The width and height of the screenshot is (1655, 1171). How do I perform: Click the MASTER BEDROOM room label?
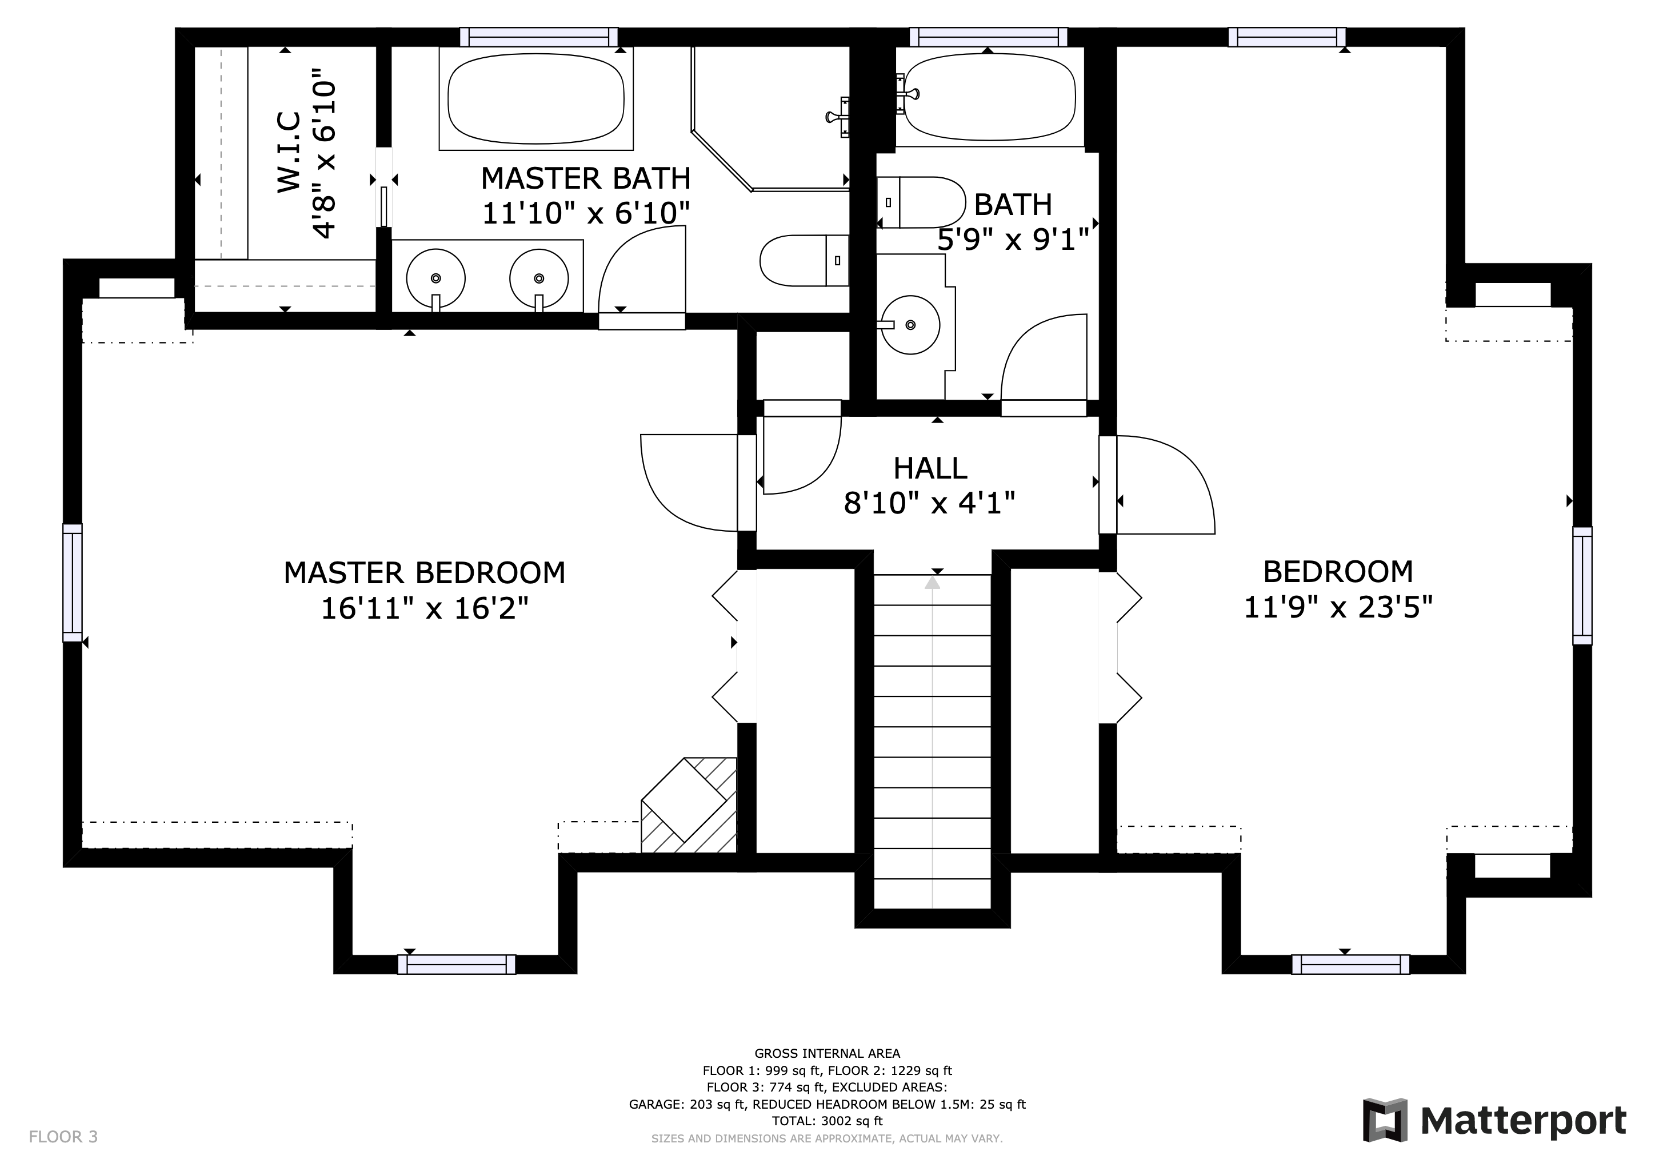click(x=425, y=573)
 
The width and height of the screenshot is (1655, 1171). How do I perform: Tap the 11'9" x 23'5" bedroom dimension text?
click(x=1338, y=607)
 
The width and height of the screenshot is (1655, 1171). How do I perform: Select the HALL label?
click(x=930, y=469)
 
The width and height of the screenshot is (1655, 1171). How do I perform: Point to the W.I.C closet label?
click(x=289, y=152)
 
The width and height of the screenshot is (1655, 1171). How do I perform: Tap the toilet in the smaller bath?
click(x=921, y=202)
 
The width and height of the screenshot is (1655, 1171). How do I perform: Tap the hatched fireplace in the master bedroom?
click(x=689, y=806)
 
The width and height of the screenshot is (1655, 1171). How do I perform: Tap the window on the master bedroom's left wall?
click(x=72, y=583)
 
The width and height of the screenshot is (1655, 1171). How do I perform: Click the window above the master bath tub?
click(x=538, y=37)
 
